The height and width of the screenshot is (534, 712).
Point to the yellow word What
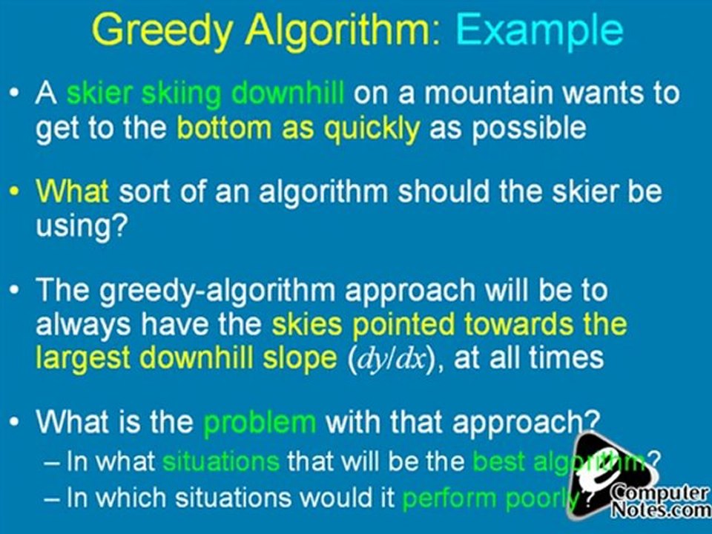[73, 192]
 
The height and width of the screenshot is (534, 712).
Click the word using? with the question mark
[78, 225]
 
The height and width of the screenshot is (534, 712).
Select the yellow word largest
[84, 357]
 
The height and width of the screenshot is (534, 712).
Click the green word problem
[259, 422]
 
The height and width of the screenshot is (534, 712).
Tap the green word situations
[220, 461]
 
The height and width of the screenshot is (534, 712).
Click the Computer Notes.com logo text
[659, 501]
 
